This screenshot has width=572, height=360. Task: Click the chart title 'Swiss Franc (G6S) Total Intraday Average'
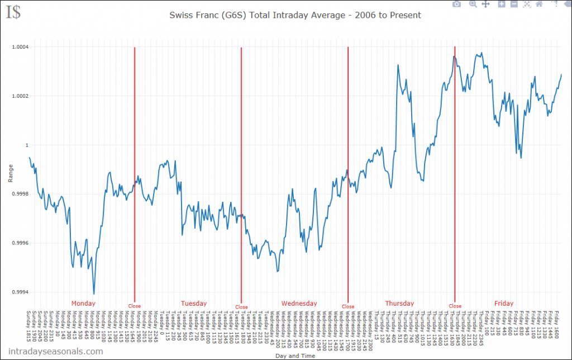(295, 15)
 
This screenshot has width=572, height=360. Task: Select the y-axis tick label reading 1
(25, 145)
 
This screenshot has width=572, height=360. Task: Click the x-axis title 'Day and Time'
(295, 356)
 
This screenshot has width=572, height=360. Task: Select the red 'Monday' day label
(83, 304)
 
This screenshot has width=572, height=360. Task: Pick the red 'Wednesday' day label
(299, 304)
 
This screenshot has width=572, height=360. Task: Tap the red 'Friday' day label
(503, 304)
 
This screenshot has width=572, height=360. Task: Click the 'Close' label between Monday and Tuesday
(135, 306)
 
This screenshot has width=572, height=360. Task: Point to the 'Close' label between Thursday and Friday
(455, 306)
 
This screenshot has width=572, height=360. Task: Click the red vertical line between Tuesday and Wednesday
(241, 168)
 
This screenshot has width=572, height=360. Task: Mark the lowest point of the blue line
(94, 293)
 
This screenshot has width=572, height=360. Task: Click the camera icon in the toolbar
(456, 4)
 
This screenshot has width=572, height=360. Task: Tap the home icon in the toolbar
(538, 4)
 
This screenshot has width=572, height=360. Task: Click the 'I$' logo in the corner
(13, 12)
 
